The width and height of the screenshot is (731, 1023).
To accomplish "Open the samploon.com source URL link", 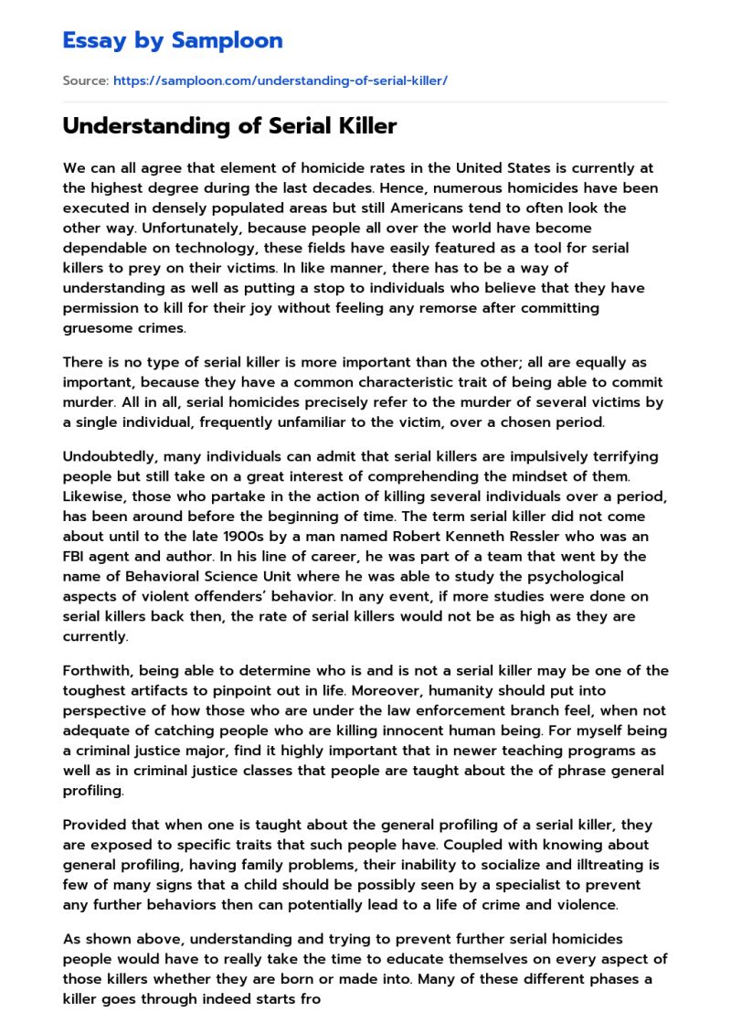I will [280, 80].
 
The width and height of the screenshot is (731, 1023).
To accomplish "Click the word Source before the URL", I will [84, 80].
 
